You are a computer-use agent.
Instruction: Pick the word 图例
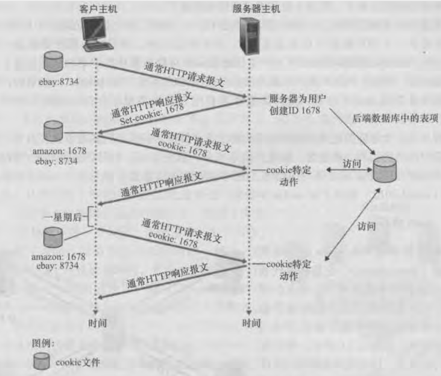[42, 343]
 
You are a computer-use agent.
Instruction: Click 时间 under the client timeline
[97, 322]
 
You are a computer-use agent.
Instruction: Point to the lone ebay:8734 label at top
[53, 82]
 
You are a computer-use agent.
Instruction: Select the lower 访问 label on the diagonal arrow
[367, 226]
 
